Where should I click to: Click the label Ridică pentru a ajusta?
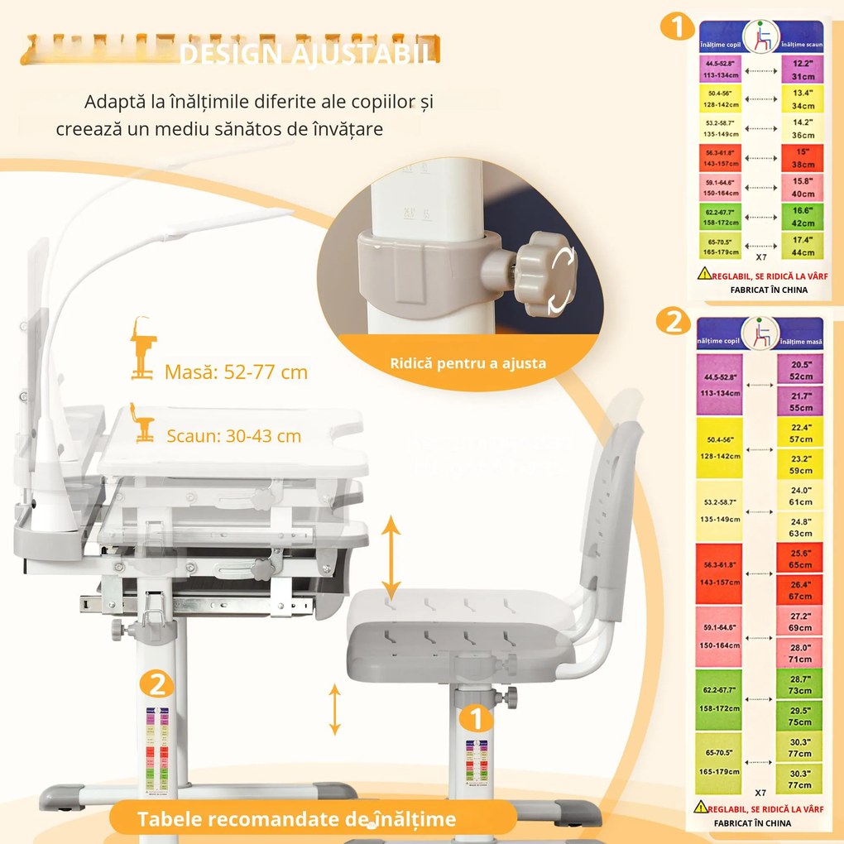[x=468, y=363]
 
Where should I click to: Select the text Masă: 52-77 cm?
[x=236, y=372]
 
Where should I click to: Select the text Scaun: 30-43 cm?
[x=233, y=436]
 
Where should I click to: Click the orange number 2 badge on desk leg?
[x=156, y=685]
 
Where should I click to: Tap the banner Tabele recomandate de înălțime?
[x=296, y=819]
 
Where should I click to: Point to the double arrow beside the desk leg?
[x=334, y=709]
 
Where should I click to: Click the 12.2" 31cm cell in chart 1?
[x=802, y=70]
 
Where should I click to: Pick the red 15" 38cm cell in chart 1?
[x=802, y=158]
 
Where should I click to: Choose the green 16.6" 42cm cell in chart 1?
[x=802, y=217]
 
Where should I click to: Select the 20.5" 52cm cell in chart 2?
[x=799, y=370]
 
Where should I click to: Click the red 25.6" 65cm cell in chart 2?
[x=799, y=559]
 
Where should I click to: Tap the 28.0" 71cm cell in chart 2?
[x=799, y=653]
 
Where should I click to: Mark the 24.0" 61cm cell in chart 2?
[x=799, y=496]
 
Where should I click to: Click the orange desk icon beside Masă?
[x=142, y=348]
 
